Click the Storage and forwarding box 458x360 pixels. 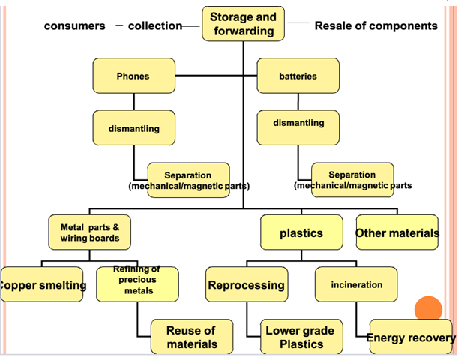(x=243, y=24)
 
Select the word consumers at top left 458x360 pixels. (x=75, y=26)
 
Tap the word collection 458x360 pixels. (x=154, y=26)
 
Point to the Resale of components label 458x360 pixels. (x=376, y=26)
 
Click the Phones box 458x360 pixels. (x=133, y=76)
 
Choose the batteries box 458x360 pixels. (x=298, y=76)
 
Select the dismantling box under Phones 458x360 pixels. (x=133, y=128)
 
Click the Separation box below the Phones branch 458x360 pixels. (x=188, y=180)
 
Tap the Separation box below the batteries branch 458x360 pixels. (x=352, y=180)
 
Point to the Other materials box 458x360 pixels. (x=397, y=233)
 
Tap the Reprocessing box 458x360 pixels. (x=246, y=285)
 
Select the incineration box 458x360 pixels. (x=356, y=285)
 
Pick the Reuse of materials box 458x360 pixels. (x=191, y=337)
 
